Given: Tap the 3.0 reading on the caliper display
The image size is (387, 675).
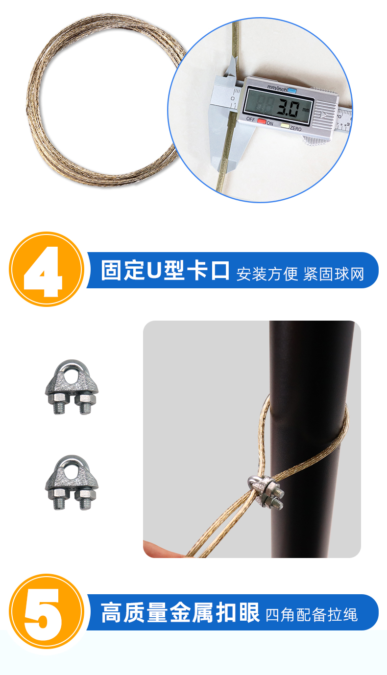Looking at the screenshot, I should click(x=287, y=108).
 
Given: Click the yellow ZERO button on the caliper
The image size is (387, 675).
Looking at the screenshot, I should click(x=284, y=126).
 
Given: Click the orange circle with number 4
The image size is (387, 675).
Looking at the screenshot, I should click(x=46, y=269).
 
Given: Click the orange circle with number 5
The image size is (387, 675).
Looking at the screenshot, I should click(x=46, y=612).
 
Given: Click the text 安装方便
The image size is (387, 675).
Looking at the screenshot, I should click(x=267, y=274).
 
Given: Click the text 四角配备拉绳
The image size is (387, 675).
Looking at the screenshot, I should click(x=312, y=615).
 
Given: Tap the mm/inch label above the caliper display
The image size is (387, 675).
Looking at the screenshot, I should click(x=276, y=89).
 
